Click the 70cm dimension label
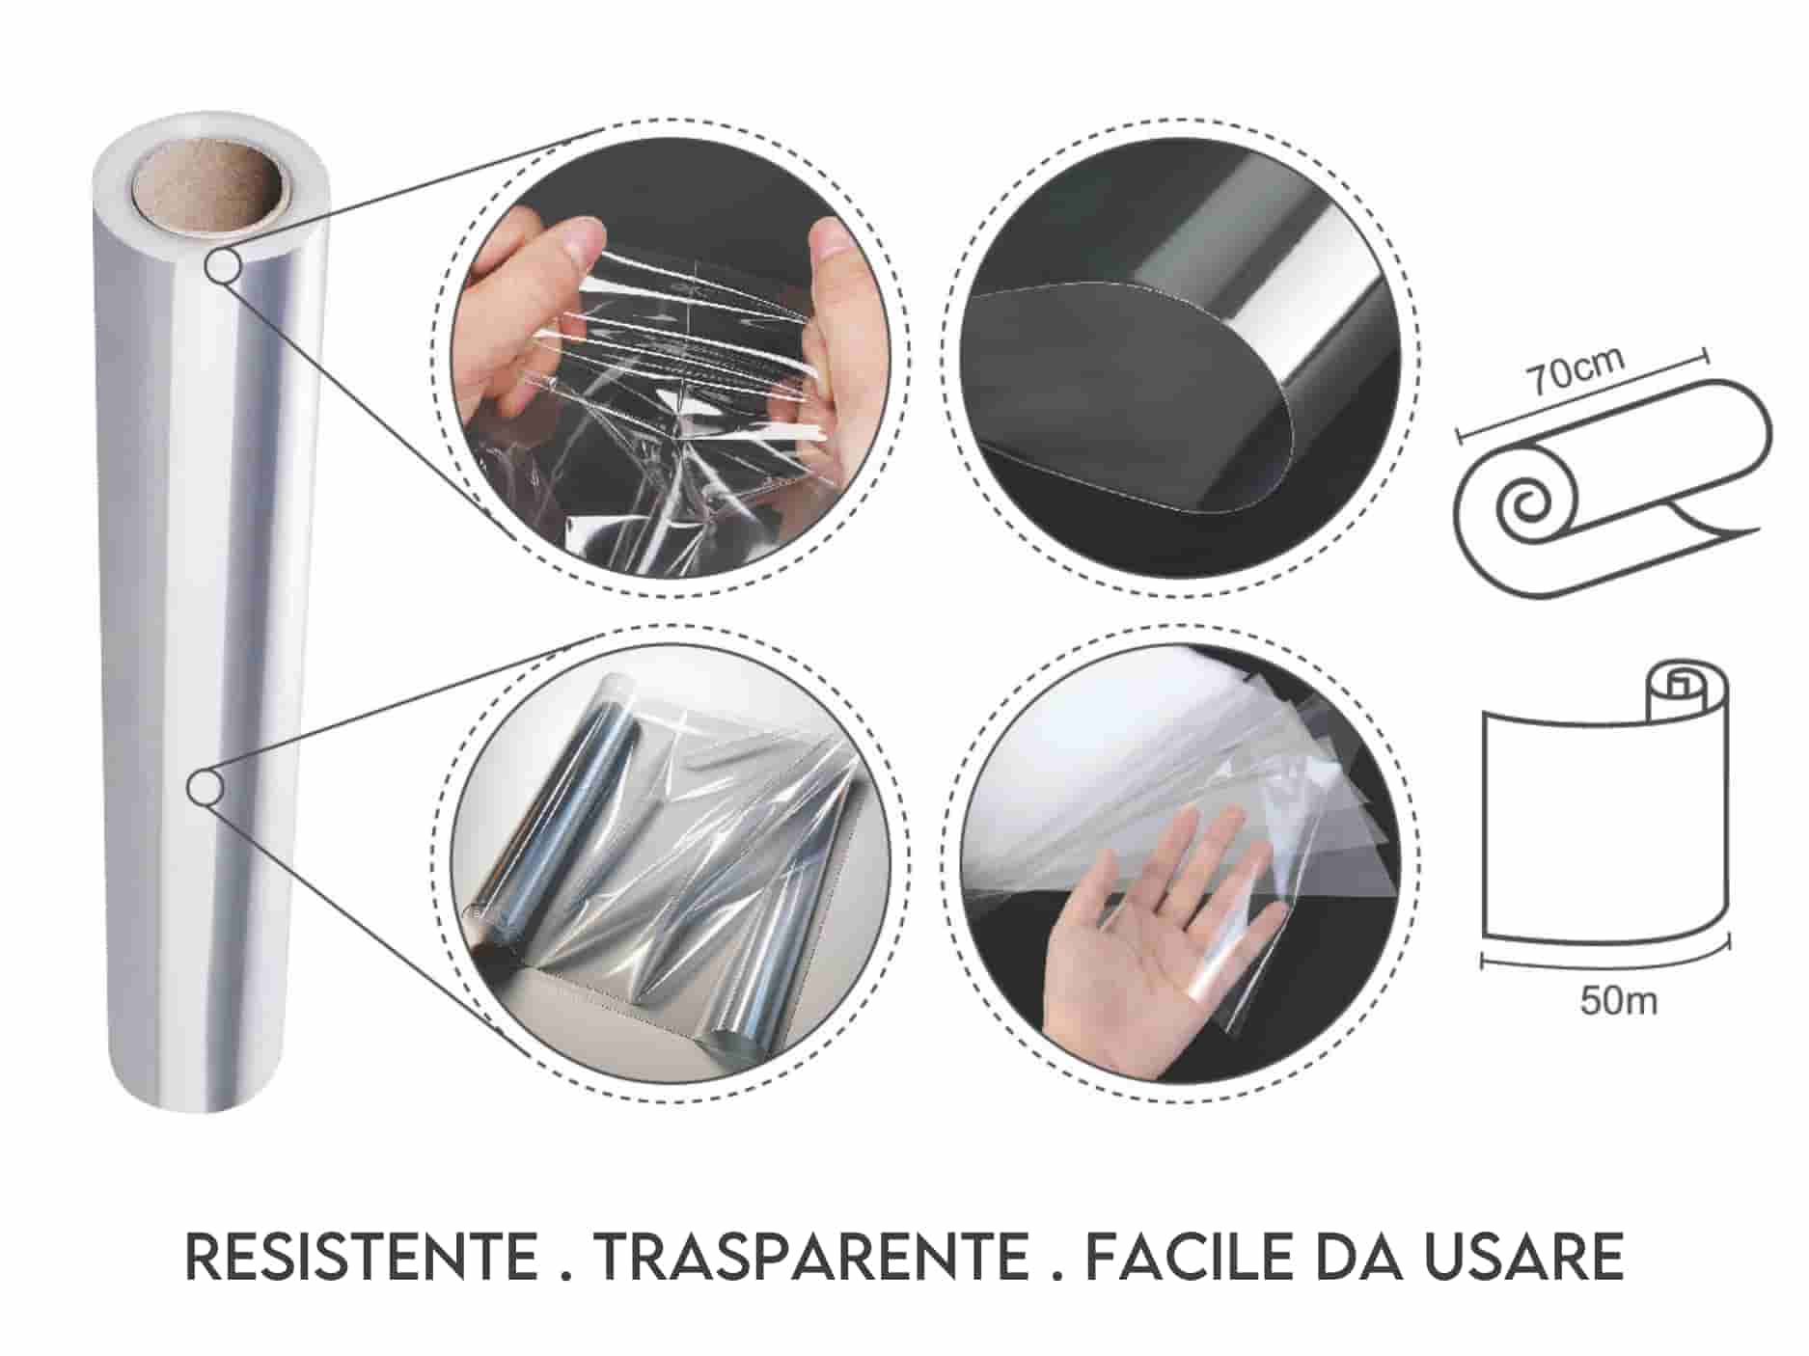1574,370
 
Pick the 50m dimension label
1619,1001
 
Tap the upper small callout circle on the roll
222,267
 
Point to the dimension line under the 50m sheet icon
1606,960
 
